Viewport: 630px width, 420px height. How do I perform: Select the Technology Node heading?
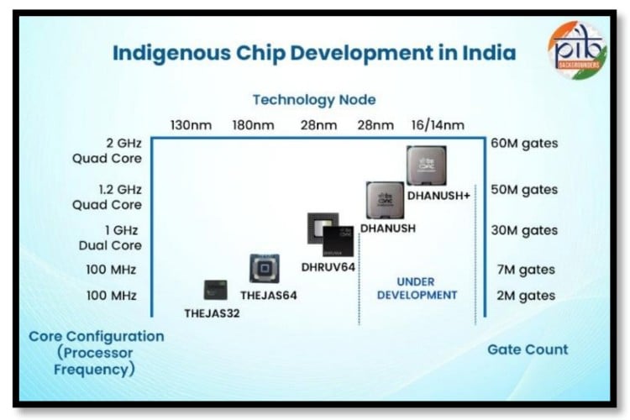(314, 100)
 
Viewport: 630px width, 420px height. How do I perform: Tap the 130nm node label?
(190, 125)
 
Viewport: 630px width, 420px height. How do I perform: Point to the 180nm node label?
(255, 125)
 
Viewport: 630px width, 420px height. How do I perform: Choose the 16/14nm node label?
(436, 125)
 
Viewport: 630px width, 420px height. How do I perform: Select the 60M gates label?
(524, 144)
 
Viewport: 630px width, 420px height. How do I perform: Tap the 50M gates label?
(524, 190)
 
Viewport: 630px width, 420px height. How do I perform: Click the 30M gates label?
(524, 230)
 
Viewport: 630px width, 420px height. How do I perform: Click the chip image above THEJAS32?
(215, 290)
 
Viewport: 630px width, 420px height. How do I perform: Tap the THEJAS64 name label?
(269, 296)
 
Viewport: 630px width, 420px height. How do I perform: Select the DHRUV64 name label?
(327, 267)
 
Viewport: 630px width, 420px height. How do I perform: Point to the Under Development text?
(417, 288)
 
